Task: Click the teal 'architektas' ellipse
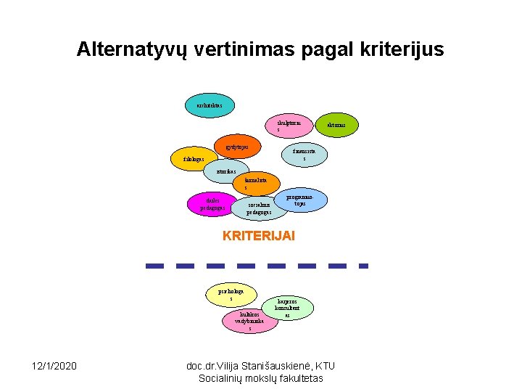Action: (210, 105)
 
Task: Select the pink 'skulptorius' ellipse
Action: (289, 126)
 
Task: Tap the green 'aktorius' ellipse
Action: (336, 126)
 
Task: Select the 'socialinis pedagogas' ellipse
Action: (258, 208)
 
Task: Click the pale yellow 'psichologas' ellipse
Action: (230, 294)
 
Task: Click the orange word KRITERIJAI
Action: (259, 236)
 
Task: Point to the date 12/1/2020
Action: (54, 364)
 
